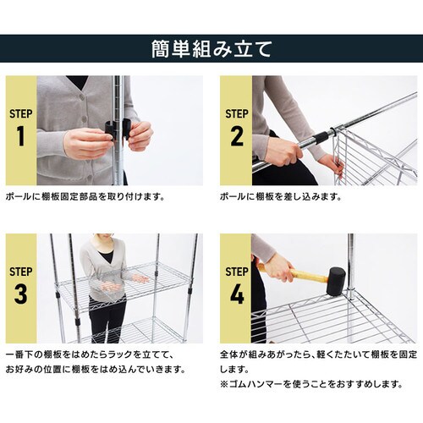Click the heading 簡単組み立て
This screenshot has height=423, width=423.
coord(211,48)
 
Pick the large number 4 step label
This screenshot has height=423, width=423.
coord(237,295)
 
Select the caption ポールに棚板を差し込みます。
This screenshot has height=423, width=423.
coord(279,196)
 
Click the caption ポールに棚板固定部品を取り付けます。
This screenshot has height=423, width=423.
coord(85,196)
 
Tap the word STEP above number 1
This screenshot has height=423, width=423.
coord(21,113)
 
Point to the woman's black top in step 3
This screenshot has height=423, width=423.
coord(105,255)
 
